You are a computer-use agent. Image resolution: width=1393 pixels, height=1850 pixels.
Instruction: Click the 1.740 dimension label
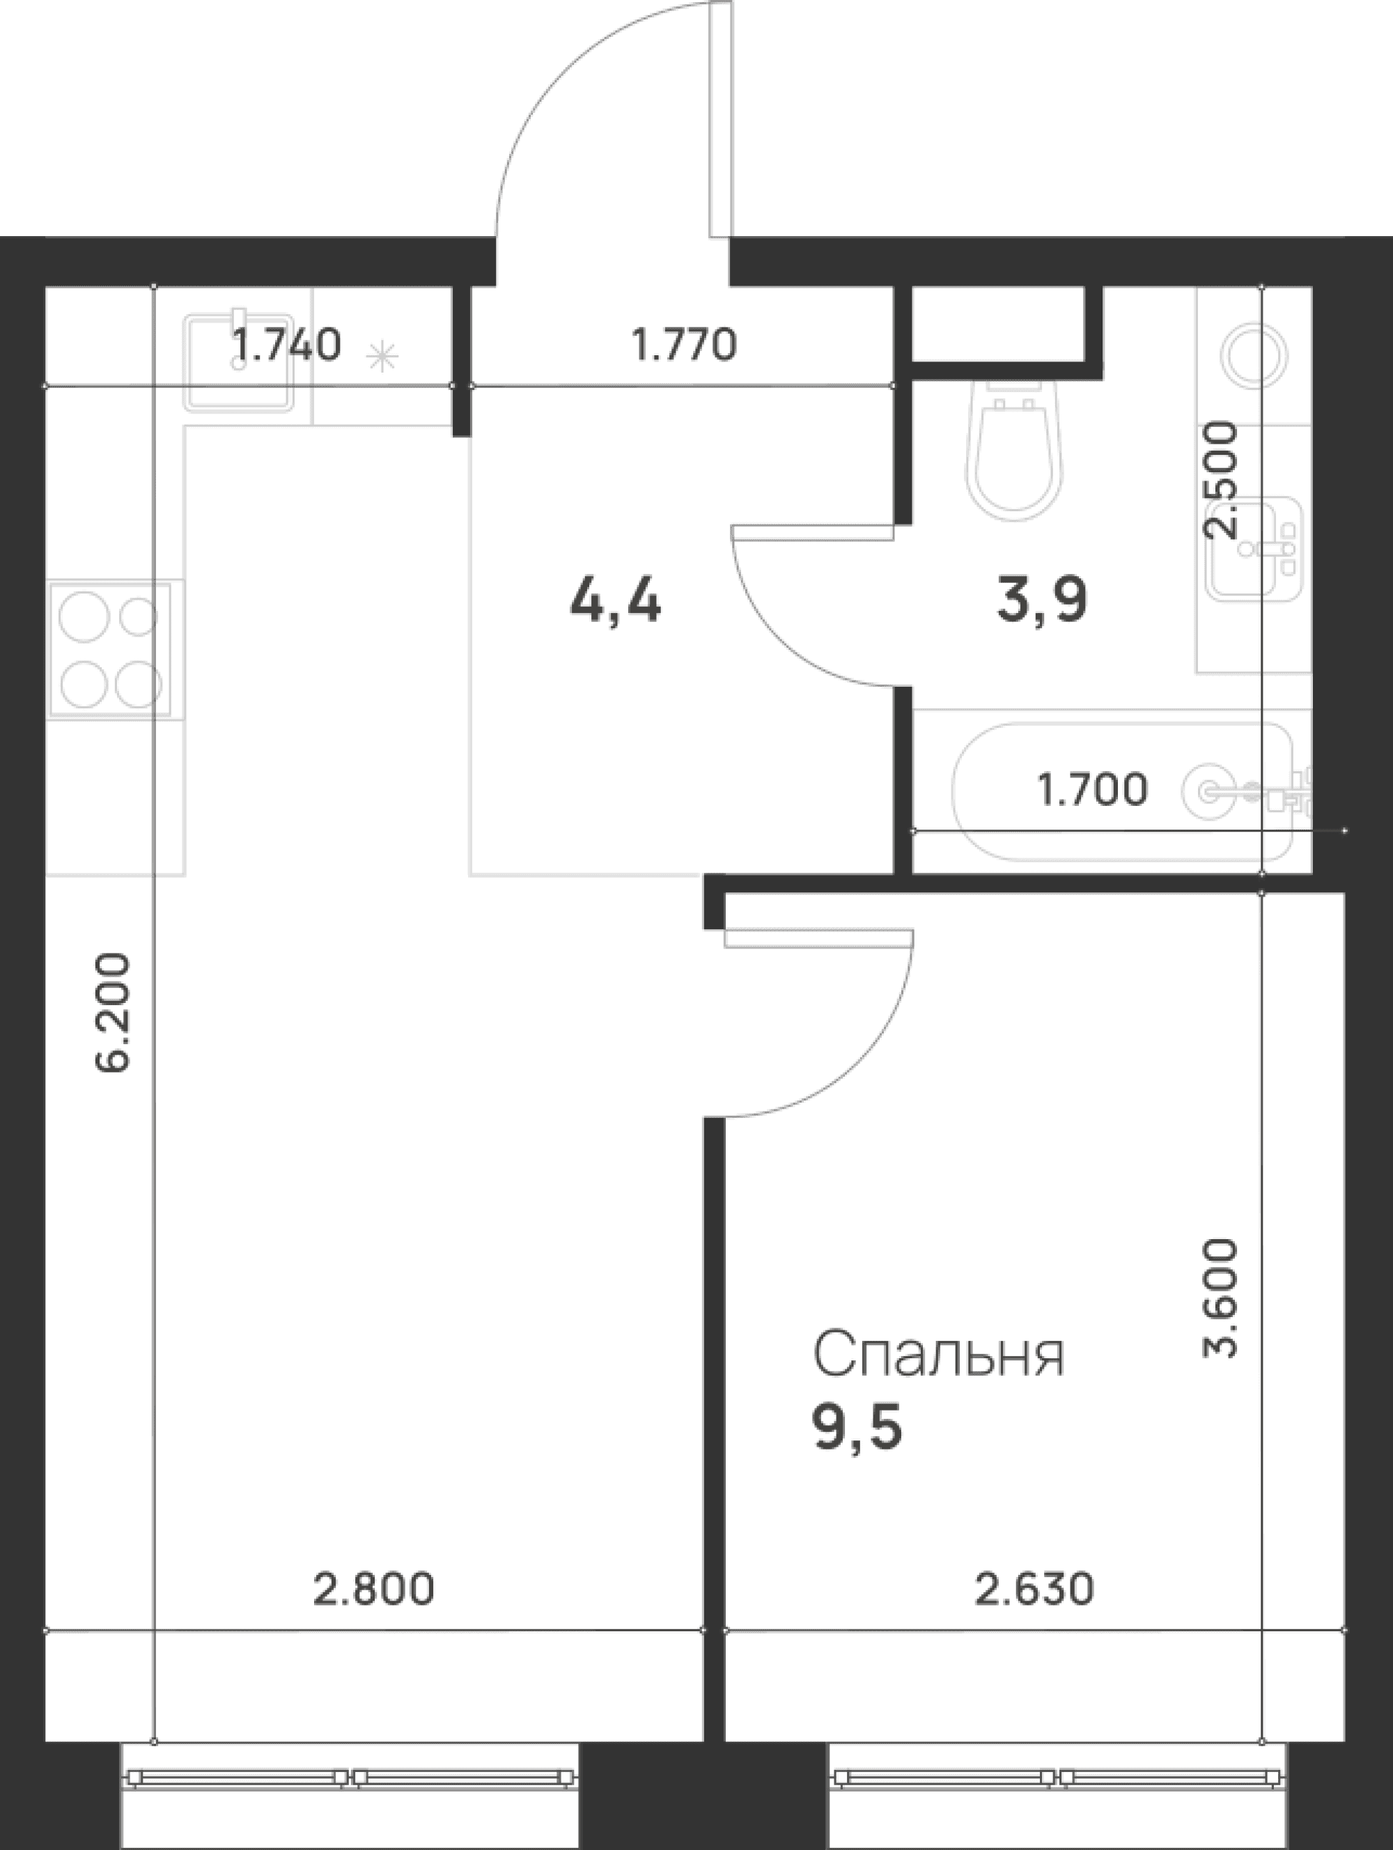286,345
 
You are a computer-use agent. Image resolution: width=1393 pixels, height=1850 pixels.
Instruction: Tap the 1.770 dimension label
683,345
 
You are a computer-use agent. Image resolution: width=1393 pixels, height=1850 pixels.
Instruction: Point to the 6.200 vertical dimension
113,1012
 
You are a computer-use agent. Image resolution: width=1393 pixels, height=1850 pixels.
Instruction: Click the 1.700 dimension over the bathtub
1092,789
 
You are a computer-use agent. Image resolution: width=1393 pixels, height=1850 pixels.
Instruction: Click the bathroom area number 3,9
1042,600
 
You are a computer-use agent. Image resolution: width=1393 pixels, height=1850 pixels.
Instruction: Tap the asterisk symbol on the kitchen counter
382,358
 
